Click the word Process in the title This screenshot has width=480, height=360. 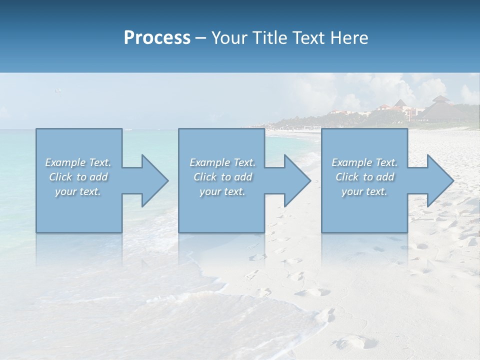pos(157,38)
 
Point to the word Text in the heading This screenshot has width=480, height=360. pos(308,38)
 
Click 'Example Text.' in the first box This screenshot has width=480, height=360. pos(78,162)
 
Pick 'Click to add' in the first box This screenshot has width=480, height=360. pos(78,177)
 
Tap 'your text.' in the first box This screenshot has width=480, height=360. pos(78,191)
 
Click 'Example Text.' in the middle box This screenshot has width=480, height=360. pos(222,162)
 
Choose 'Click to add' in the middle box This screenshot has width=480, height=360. pos(223,177)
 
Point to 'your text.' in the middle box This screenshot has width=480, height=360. pos(222,191)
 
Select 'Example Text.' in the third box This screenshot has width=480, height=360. pos(364,162)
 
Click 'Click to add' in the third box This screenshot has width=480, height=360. pos(365,177)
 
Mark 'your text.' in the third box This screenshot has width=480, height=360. pos(364,191)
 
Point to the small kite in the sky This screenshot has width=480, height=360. pos(58,90)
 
